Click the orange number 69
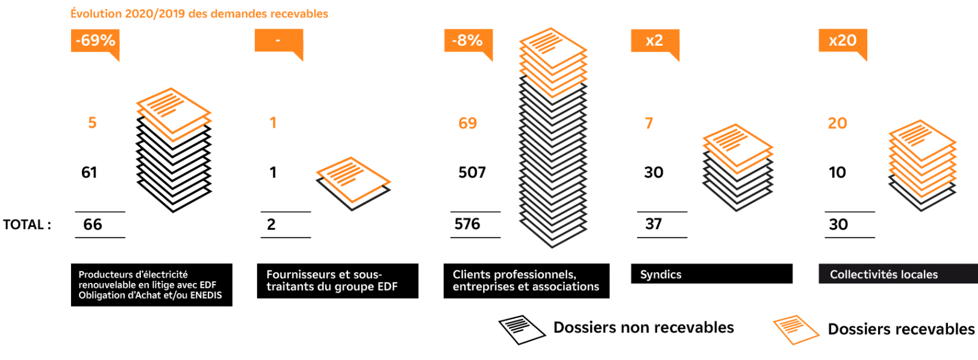coord(467,123)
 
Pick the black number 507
coord(472,172)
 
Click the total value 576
coord(467,224)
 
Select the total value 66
coord(93,225)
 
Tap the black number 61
coord(89,172)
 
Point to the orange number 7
coord(649,123)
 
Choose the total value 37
coord(653,224)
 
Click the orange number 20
coord(838,123)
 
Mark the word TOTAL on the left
coord(23,225)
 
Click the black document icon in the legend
coord(522,329)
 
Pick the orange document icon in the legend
coord(796,329)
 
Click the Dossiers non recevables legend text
coord(644,327)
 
